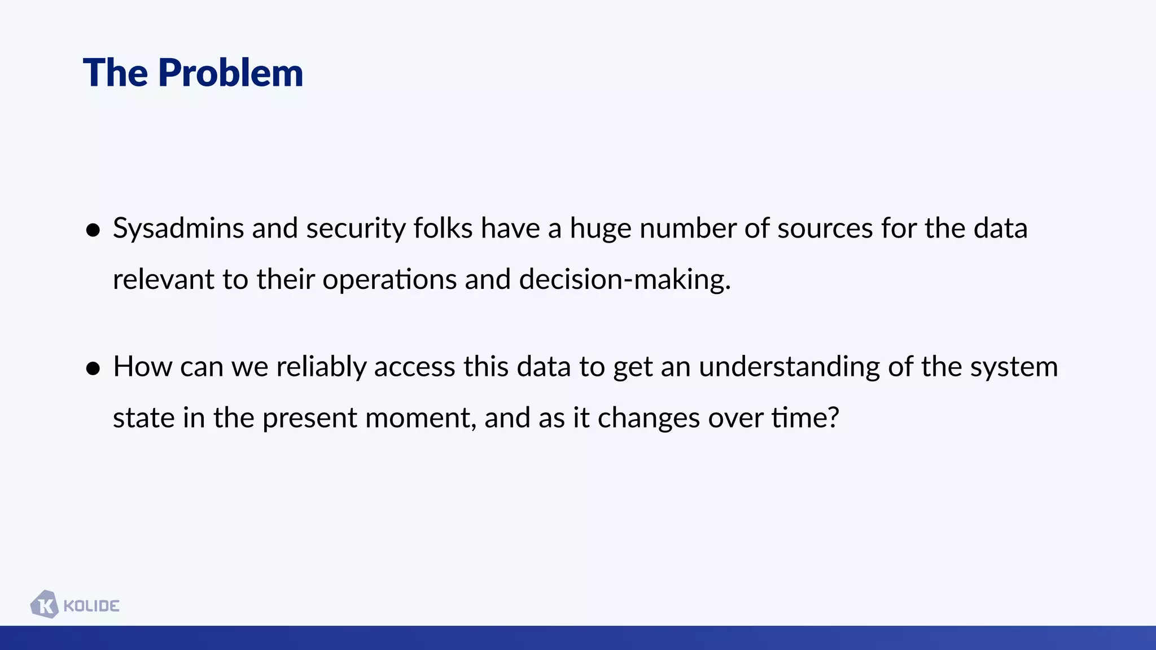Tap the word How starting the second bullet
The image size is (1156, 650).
point(142,367)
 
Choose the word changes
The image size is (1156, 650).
point(649,419)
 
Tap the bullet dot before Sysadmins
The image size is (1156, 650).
point(93,230)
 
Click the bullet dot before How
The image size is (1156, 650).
point(93,368)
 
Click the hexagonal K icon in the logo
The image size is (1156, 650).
point(45,605)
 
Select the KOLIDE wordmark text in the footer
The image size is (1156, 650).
point(91,606)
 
